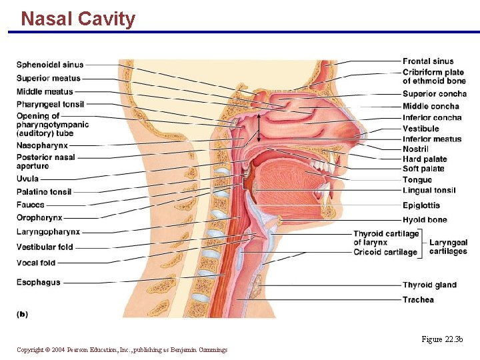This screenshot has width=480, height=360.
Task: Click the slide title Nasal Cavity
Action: [78, 19]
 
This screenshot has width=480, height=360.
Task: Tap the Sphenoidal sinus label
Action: [50, 65]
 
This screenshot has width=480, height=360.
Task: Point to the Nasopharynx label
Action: [42, 145]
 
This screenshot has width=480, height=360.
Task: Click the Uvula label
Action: [27, 179]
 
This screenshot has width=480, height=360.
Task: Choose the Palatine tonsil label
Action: [43, 192]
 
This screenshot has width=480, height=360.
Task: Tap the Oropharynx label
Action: [39, 217]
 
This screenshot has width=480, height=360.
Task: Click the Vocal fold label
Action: [36, 263]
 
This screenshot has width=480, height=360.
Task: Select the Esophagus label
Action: [38, 282]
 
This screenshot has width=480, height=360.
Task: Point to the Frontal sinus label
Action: [428, 61]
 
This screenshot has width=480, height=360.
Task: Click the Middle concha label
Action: [431, 106]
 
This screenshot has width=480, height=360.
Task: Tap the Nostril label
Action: [415, 149]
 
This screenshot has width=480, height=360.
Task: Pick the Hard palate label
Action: [425, 159]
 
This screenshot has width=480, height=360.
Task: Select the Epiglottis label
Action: [421, 205]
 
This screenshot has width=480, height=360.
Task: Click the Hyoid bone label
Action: [425, 220]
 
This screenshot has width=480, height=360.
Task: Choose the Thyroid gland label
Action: [429, 285]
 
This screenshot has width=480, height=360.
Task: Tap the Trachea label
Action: [418, 300]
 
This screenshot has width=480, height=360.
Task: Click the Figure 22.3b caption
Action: [441, 340]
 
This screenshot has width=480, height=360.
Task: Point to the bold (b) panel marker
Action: [22, 313]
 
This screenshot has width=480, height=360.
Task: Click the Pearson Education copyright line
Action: [122, 350]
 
